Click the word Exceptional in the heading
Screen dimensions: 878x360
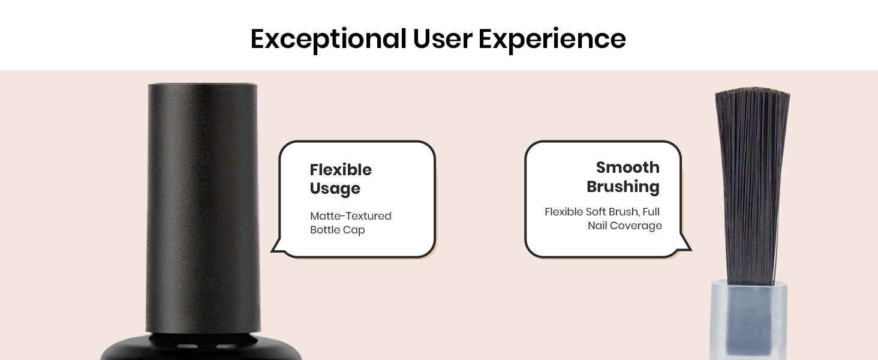[x=329, y=39]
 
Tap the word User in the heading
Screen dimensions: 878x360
[x=443, y=39]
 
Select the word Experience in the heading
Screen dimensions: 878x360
[x=552, y=39]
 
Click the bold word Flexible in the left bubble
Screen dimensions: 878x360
[x=341, y=170]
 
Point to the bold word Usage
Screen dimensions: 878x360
[x=335, y=189]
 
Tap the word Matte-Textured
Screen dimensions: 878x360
[x=350, y=215]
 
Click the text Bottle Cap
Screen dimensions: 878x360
[x=337, y=230]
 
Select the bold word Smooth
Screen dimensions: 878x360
[x=627, y=167]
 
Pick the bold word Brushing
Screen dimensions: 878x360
[x=623, y=187]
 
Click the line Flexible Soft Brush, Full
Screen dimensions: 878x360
[x=602, y=212]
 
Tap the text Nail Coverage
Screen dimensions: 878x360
[x=624, y=226]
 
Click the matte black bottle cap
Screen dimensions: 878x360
[x=203, y=208]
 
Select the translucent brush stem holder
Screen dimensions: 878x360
[x=748, y=320]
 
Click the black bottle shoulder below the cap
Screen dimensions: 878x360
[x=201, y=347]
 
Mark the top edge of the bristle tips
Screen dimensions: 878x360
[x=752, y=90]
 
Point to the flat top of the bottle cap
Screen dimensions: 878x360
[x=203, y=84]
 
